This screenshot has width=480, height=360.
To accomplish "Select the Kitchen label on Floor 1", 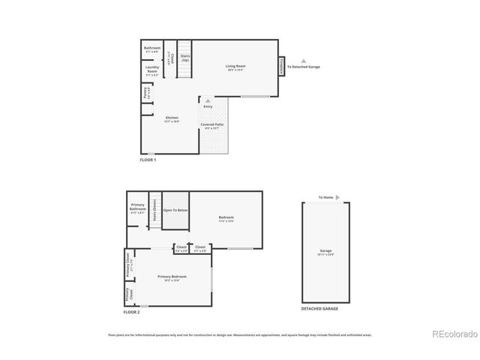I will click(172, 118).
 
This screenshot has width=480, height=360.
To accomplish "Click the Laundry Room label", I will click(152, 70).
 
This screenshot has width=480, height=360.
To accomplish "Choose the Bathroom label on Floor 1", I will click(152, 49).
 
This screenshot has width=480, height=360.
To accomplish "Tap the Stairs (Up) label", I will click(184, 58).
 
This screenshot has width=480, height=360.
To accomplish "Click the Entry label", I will click(208, 106).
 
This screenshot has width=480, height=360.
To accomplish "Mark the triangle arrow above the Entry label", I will click(208, 100).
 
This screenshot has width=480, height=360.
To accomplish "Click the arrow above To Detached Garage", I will click(303, 61).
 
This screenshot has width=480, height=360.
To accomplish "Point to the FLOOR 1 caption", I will click(148, 160).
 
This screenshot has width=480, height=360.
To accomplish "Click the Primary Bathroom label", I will click(137, 207).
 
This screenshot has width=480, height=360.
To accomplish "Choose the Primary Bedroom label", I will click(172, 277).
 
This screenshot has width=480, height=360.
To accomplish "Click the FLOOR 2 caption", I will click(131, 312).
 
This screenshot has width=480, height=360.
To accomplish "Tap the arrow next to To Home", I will click(337, 197).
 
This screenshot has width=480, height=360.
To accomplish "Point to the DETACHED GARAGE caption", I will click(319, 308).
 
